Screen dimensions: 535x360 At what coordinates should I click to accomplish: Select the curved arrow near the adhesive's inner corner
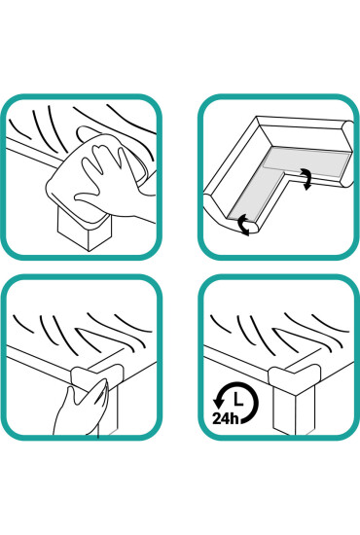(307, 181)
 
